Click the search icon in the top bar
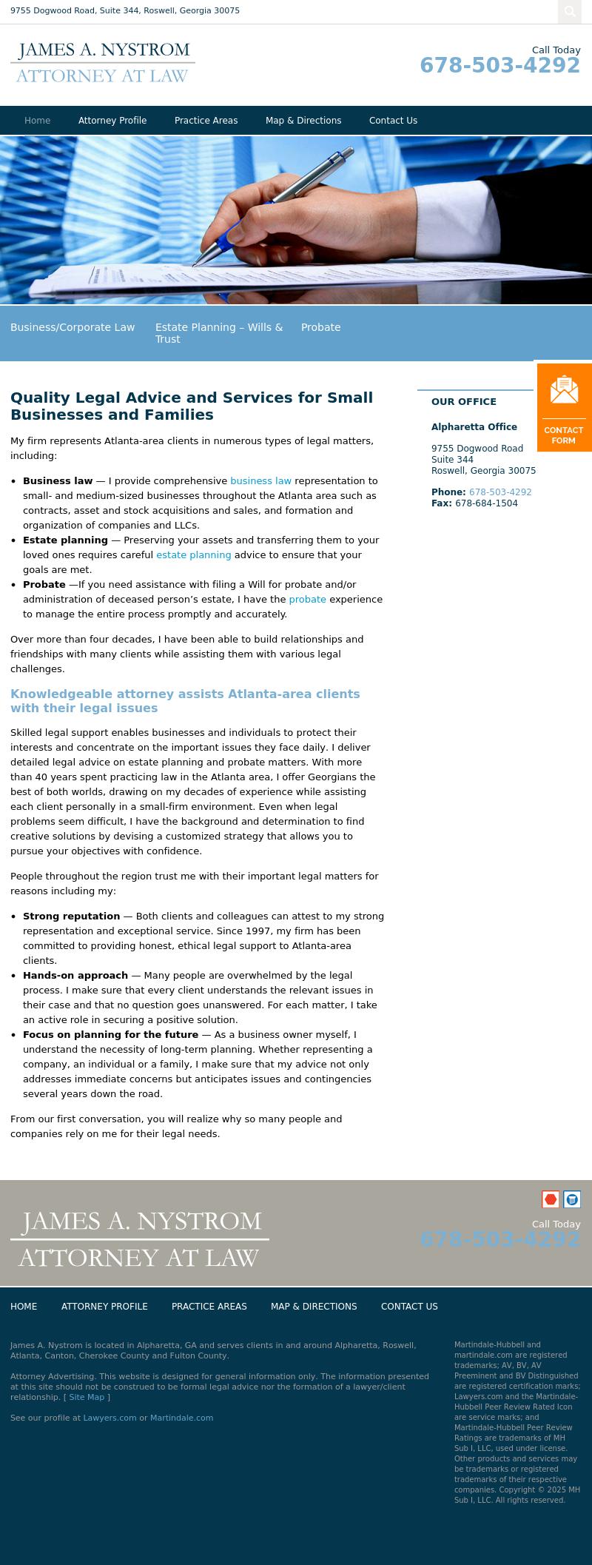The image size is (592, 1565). tap(569, 11)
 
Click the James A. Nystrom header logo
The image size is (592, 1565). tap(103, 62)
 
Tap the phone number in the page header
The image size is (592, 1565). tap(499, 66)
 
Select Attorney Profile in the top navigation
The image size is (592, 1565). tap(112, 121)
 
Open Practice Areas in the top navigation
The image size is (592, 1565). tap(206, 121)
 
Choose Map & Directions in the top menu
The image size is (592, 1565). tap(303, 121)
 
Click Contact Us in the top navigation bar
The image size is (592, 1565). tap(393, 121)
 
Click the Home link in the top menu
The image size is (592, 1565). tap(38, 121)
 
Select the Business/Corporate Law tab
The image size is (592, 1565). tap(73, 327)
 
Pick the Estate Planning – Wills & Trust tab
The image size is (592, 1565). tap(219, 333)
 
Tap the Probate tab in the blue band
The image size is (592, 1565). tap(320, 327)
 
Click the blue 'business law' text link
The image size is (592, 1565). tap(260, 481)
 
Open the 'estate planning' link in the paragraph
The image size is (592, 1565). tap(193, 555)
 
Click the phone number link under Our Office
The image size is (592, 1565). tap(500, 492)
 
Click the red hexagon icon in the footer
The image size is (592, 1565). tap(551, 1199)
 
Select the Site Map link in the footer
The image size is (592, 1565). tap(87, 1397)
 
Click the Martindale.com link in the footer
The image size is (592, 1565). tap(181, 1418)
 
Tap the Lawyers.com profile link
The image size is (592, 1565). tap(110, 1418)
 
